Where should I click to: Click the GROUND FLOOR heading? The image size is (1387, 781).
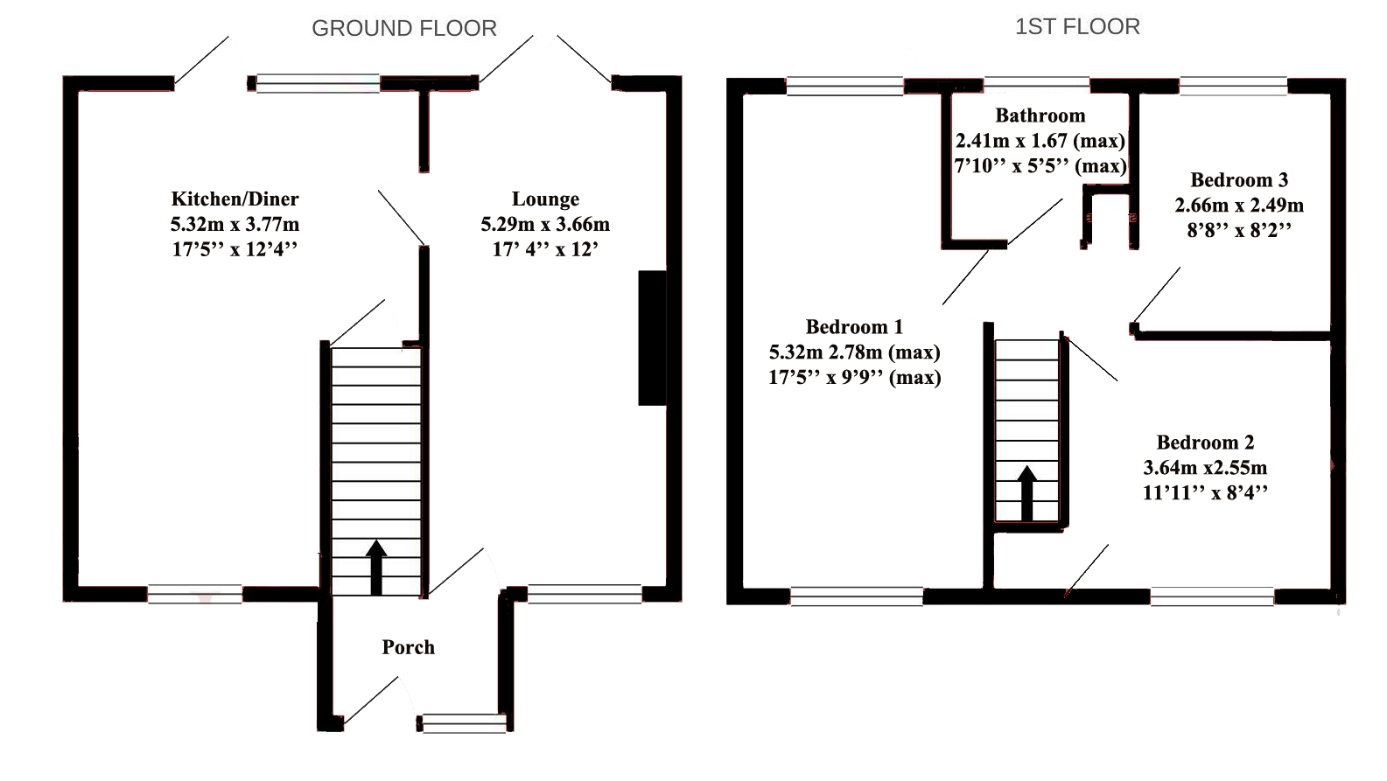pyautogui.click(x=403, y=29)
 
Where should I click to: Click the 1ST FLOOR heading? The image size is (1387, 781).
pyautogui.click(x=1077, y=26)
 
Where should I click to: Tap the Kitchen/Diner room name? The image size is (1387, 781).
pyautogui.click(x=235, y=199)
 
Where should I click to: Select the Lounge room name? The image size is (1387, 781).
pyautogui.click(x=545, y=199)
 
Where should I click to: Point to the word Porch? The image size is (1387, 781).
pyautogui.click(x=408, y=646)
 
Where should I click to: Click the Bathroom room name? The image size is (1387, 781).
pyautogui.click(x=1040, y=115)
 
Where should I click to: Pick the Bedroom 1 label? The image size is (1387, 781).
pyautogui.click(x=854, y=326)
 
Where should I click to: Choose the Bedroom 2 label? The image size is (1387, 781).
pyautogui.click(x=1205, y=442)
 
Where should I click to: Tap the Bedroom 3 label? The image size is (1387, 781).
pyautogui.click(x=1239, y=179)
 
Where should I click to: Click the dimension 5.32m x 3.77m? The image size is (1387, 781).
pyautogui.click(x=235, y=224)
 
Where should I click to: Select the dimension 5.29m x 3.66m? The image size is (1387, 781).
pyautogui.click(x=545, y=224)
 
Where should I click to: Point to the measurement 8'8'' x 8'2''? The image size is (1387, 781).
pyautogui.click(x=1239, y=230)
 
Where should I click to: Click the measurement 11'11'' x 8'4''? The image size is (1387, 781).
pyautogui.click(x=1205, y=492)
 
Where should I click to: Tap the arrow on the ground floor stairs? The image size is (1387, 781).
pyautogui.click(x=376, y=568)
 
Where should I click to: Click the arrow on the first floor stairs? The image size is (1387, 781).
pyautogui.click(x=1026, y=492)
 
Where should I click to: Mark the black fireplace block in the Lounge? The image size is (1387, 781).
pyautogui.click(x=652, y=338)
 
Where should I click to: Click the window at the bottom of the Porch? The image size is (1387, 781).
pyautogui.click(x=462, y=723)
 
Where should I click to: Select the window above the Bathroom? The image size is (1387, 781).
pyautogui.click(x=1037, y=85)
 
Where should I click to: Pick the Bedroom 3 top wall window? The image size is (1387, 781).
pyautogui.click(x=1234, y=86)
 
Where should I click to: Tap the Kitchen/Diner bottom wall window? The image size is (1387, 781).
pyautogui.click(x=195, y=594)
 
